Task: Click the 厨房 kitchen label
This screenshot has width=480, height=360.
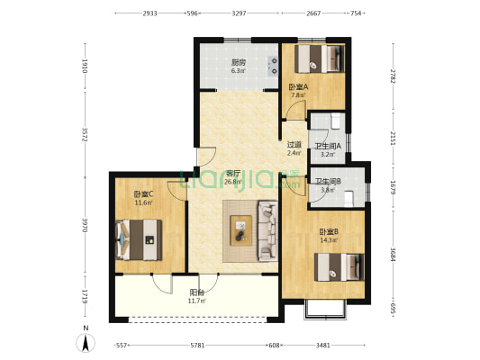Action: [x=238, y=62]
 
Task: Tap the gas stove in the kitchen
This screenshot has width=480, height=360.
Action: [x=273, y=66]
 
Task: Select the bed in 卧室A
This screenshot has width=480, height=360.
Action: [x=320, y=58]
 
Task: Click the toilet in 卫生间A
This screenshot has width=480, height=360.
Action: [x=336, y=121]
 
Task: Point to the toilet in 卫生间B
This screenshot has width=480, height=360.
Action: [x=349, y=199]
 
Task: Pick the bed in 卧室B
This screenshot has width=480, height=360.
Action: [x=340, y=267]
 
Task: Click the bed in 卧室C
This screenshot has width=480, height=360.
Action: [x=139, y=239]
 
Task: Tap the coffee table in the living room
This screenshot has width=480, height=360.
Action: [x=241, y=230]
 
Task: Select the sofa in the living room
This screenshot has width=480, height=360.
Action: [x=268, y=231]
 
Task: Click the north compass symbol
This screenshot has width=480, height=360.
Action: [x=86, y=339]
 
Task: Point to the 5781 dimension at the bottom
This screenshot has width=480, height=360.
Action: [x=197, y=346]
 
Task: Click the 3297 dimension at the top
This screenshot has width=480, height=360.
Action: [x=239, y=13]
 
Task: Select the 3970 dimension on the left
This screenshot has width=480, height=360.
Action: [x=85, y=225]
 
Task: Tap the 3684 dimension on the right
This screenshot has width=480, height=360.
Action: [x=394, y=255]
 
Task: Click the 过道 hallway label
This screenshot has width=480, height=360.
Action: [x=294, y=144]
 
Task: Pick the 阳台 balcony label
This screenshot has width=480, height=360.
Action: [x=197, y=292]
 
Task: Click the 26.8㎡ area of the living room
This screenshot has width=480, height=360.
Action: [x=233, y=183]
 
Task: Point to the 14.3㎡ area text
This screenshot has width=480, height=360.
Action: [x=329, y=240]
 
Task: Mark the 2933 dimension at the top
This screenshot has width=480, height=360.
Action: [x=150, y=13]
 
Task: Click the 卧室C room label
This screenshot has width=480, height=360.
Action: [x=143, y=193]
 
